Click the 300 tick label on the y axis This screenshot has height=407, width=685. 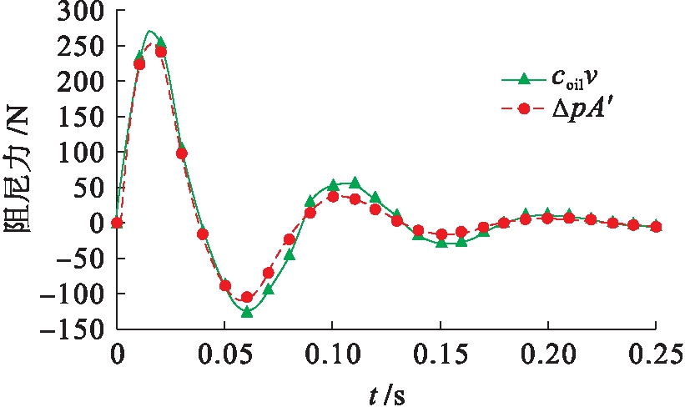coord(80,13)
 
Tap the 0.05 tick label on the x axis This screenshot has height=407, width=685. coord(225,351)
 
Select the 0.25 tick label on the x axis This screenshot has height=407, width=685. coord(655,351)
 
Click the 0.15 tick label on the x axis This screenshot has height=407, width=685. coord(440,351)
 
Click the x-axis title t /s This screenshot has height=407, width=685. coord(386,389)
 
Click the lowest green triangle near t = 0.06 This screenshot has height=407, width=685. coord(246,311)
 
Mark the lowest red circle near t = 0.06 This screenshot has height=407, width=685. coord(246,297)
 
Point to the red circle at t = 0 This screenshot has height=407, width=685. coord(118,223)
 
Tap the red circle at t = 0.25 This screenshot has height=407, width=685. coord(655,227)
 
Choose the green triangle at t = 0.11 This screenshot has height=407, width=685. coord(354,183)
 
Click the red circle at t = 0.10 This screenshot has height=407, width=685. coord(332,197)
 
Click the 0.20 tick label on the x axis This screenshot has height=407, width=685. coord(547,351)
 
